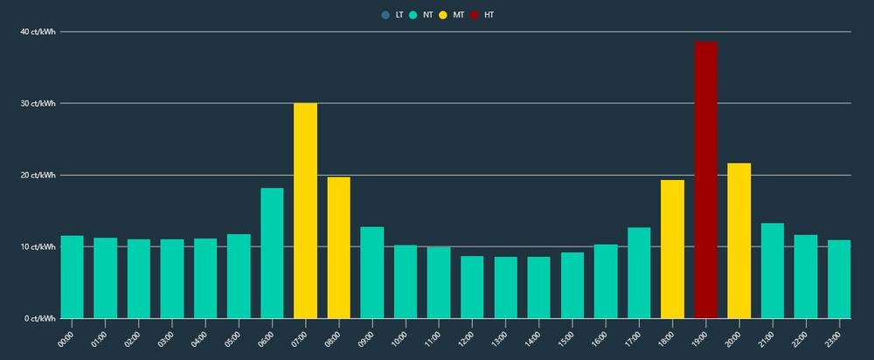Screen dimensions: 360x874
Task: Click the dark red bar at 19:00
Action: (x=705, y=180)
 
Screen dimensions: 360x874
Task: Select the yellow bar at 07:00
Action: (x=305, y=211)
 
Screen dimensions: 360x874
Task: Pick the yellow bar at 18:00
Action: (x=672, y=249)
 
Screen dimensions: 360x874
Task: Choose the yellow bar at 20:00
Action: (x=739, y=240)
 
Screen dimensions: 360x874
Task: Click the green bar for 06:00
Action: (x=272, y=253)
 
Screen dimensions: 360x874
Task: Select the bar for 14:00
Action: (x=538, y=287)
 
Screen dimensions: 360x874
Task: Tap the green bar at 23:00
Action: (x=839, y=279)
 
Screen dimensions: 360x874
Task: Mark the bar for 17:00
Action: (x=639, y=273)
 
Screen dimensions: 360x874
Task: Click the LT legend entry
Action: (x=392, y=15)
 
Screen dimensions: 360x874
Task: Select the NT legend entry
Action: (x=420, y=15)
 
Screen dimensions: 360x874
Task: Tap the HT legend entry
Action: (x=482, y=15)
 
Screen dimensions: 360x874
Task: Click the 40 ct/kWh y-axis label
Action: (x=38, y=31)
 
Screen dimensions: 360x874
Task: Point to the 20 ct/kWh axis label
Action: (x=38, y=175)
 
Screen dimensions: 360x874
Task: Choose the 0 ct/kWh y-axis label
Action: (x=39, y=318)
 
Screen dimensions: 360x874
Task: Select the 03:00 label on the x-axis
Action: (x=166, y=336)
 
